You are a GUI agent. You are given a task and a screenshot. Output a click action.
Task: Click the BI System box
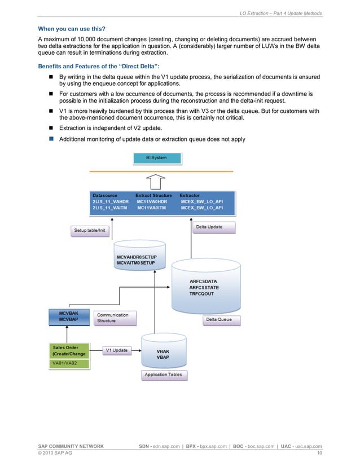point(156,158)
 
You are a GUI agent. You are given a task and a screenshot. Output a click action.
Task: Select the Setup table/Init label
point(90,231)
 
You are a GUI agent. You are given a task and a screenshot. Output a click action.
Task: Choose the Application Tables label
point(163,375)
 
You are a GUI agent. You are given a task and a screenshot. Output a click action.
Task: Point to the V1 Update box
point(116,350)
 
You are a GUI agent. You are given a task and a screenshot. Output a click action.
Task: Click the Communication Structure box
point(115,318)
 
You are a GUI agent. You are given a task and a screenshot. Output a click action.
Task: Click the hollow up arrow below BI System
point(155,182)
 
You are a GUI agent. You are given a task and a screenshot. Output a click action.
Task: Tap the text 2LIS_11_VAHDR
point(111,201)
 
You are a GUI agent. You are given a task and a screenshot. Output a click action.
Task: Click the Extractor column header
point(190,195)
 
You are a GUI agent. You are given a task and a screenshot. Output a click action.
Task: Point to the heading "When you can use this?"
point(71,28)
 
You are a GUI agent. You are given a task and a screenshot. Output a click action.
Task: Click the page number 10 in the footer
point(319,453)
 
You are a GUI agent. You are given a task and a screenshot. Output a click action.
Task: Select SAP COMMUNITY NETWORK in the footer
point(71,446)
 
